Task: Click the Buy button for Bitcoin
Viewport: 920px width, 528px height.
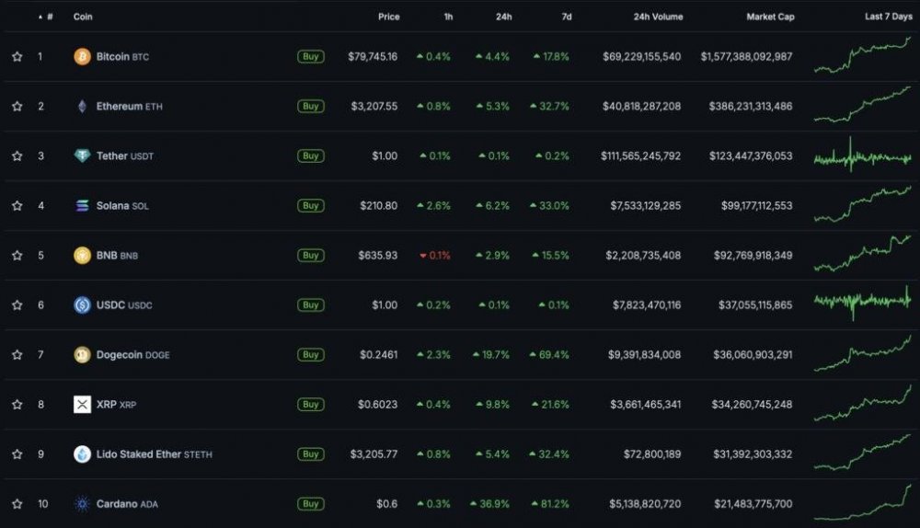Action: point(311,57)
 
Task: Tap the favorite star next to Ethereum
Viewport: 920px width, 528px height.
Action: point(17,107)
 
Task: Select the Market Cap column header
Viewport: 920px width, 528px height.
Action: point(771,17)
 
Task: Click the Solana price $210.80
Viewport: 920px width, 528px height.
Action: point(377,206)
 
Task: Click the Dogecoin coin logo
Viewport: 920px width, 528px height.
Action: point(82,355)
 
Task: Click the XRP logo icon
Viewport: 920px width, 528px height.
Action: point(82,405)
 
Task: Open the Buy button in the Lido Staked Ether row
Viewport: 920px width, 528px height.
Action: point(311,454)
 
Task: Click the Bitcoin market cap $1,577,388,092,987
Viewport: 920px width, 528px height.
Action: point(746,57)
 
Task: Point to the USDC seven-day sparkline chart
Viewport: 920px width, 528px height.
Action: point(862,304)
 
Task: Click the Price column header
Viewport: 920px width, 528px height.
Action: point(388,17)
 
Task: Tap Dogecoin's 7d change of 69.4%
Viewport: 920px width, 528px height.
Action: point(553,355)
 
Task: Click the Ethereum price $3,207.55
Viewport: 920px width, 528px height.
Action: point(374,107)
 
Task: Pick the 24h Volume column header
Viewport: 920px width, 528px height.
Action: point(658,17)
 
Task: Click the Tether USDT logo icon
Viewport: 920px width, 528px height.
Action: point(82,156)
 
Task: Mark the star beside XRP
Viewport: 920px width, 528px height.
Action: point(17,405)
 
